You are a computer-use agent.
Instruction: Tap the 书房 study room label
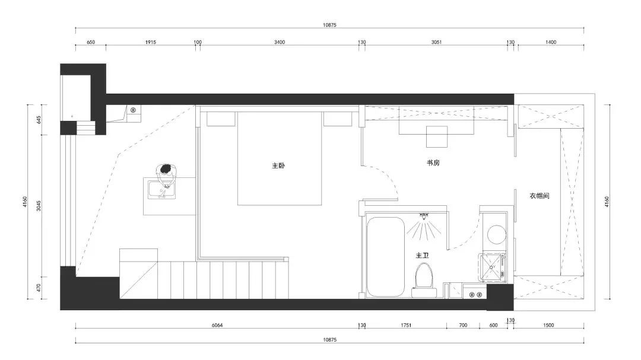click(433, 163)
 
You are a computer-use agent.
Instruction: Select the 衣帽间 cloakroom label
click(539, 195)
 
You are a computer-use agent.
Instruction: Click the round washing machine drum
click(494, 234)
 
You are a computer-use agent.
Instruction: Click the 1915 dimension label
click(151, 42)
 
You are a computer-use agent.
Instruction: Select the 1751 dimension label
click(406, 326)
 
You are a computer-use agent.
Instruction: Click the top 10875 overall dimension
click(329, 24)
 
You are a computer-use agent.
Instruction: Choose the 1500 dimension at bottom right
click(548, 326)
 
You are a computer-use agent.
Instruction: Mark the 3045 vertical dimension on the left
click(39, 206)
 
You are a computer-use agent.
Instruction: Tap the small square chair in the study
click(437, 136)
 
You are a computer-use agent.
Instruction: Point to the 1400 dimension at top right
click(550, 42)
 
